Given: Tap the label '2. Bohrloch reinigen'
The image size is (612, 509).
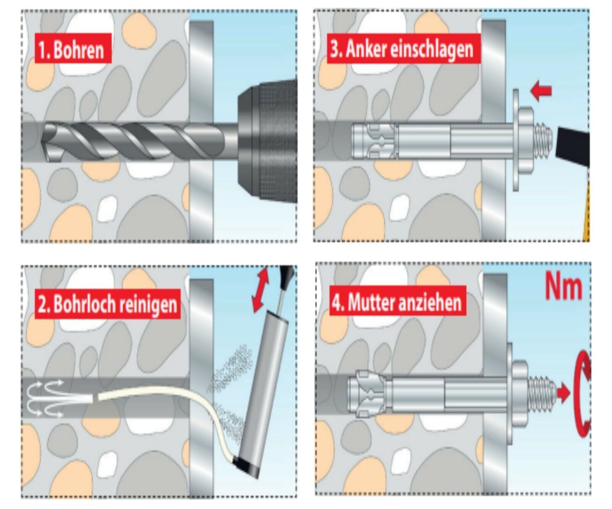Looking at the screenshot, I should pos(107,304).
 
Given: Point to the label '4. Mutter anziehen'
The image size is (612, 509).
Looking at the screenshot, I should pos(397,302).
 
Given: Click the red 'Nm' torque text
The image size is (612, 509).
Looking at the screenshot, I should pos(563,287).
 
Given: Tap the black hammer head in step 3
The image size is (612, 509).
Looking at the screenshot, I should pos(573,147).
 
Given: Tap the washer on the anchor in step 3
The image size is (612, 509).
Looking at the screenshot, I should pos(516,140).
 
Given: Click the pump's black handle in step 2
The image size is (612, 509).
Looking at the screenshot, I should pos(286,275).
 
